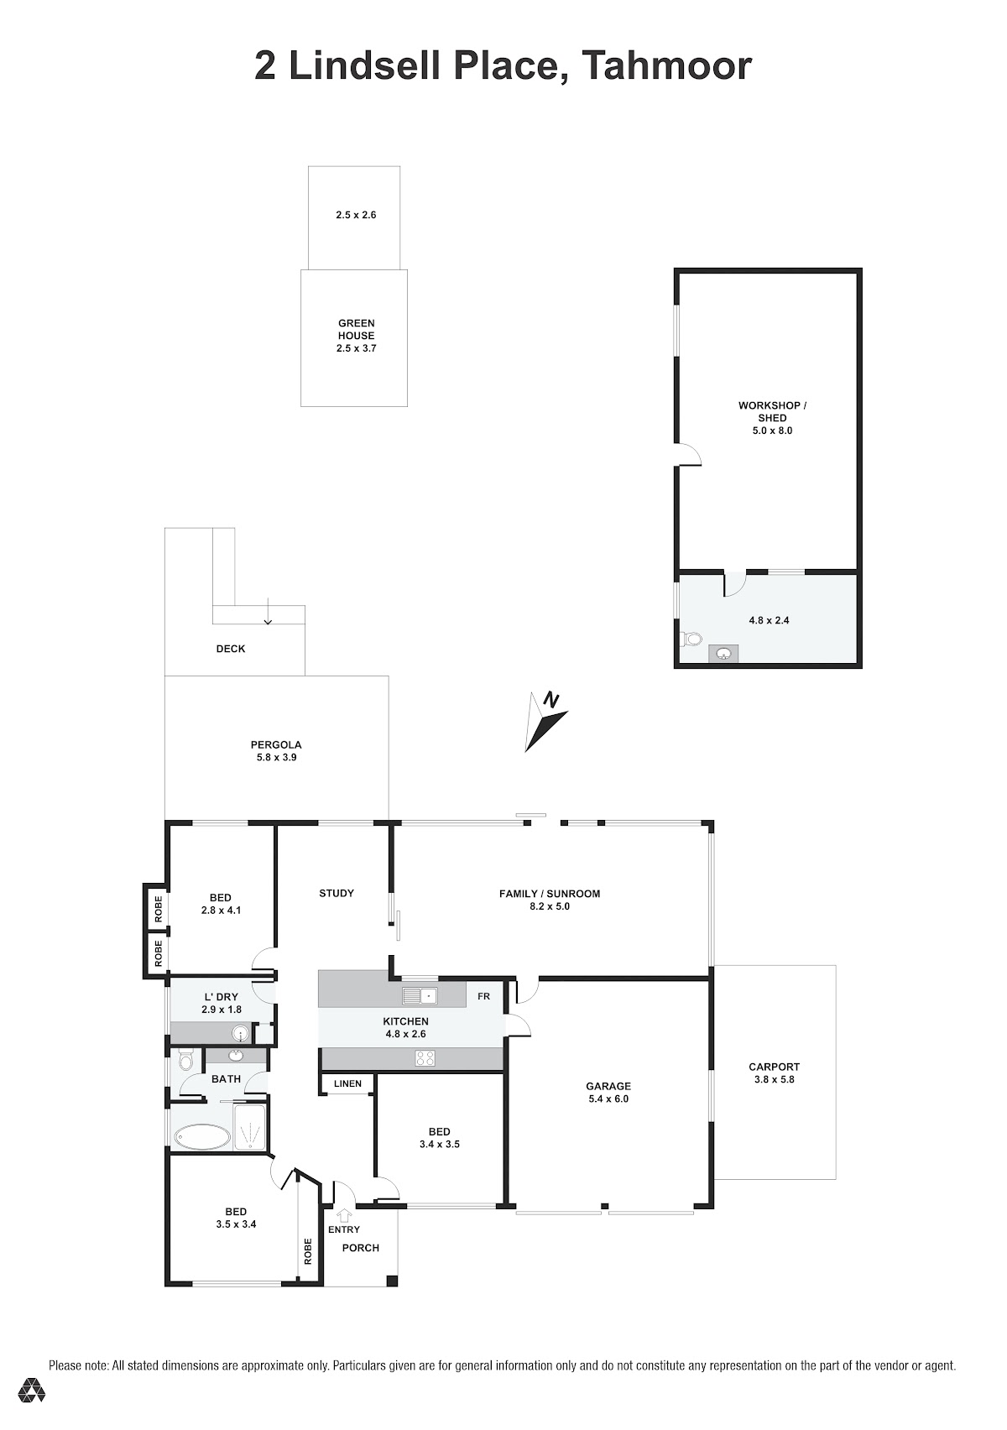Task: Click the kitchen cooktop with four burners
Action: [425, 1058]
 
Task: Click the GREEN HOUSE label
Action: [357, 330]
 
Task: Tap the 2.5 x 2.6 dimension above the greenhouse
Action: [357, 215]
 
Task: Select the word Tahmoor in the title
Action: [667, 65]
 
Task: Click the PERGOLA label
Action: [276, 744]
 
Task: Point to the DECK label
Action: [231, 649]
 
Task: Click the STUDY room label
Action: [337, 893]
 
